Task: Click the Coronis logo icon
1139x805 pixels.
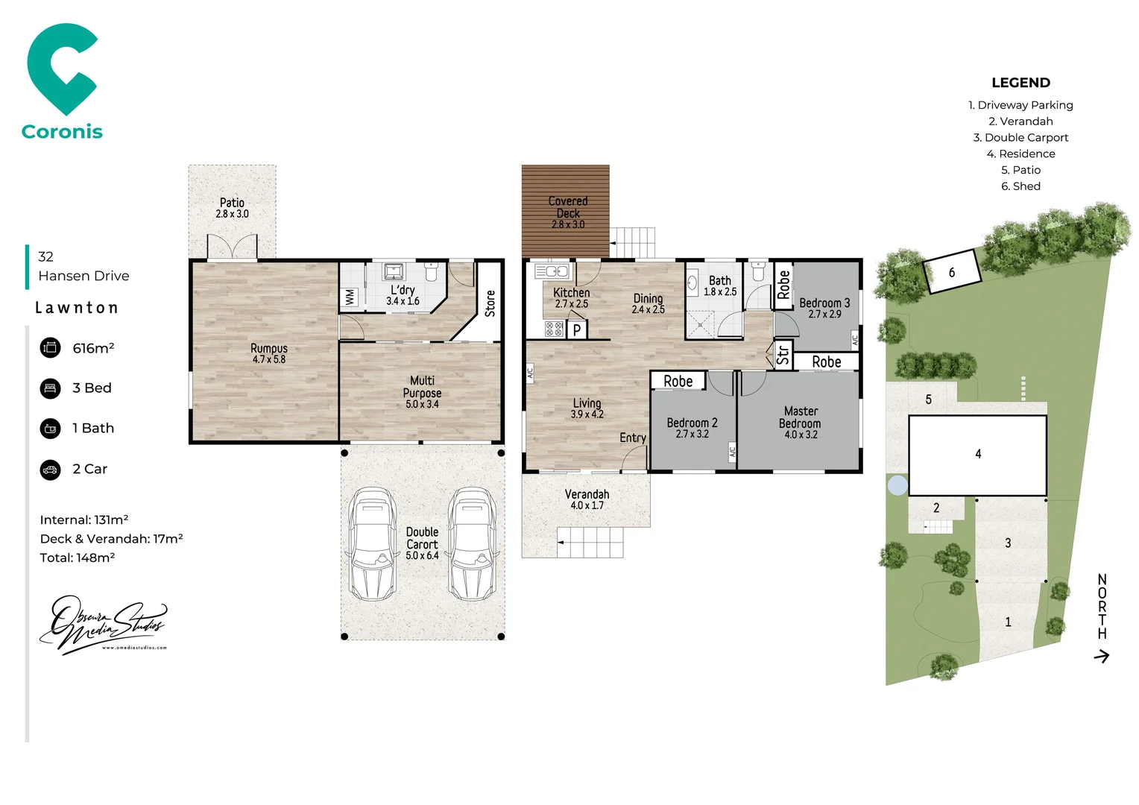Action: tap(61, 69)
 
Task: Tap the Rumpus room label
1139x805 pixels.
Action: tap(268, 348)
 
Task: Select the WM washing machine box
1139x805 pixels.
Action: tap(350, 297)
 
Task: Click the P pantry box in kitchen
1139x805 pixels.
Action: tap(576, 330)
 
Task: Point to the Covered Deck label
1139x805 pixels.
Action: tap(567, 207)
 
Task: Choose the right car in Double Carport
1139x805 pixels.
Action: tap(471, 544)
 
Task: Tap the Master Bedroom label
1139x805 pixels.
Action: tap(801, 417)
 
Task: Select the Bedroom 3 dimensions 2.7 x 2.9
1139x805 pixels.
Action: tap(824, 315)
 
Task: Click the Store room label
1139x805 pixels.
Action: tap(490, 303)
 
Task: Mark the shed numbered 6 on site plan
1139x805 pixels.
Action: tap(951, 272)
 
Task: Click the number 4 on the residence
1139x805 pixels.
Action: tap(978, 454)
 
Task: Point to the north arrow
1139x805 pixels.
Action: tap(1101, 656)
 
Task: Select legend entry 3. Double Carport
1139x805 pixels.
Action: tap(1020, 138)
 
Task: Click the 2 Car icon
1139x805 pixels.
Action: tap(50, 470)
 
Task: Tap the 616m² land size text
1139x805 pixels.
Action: tap(93, 348)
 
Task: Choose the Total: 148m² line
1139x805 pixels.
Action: tap(78, 558)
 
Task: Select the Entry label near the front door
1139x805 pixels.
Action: tap(632, 438)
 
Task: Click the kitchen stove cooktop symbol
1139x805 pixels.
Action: tap(554, 329)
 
